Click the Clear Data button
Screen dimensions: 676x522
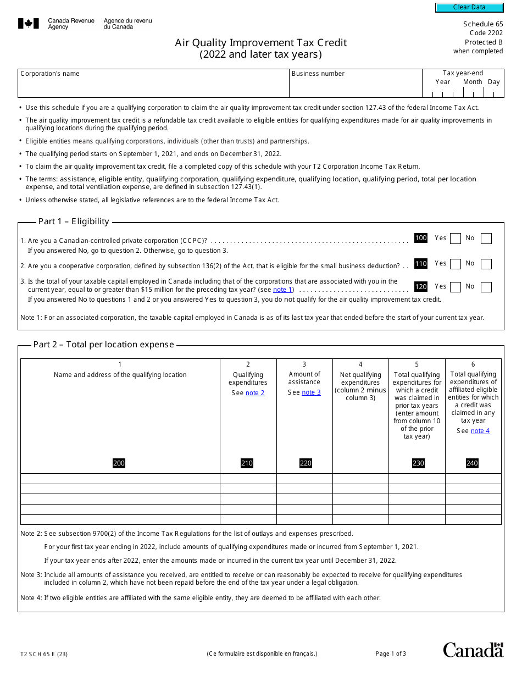469,8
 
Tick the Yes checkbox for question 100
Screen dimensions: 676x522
455,239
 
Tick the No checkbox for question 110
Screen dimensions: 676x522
486,264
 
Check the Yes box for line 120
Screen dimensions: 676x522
455,287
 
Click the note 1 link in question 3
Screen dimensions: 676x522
283,290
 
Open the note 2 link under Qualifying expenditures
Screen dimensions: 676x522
255,393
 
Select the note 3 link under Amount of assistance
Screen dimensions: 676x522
311,392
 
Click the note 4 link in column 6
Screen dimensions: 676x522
480,431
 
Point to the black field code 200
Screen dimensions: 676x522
119,463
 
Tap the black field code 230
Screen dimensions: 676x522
418,463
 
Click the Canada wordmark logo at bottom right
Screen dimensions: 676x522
473,650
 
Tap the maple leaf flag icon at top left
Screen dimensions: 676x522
29,24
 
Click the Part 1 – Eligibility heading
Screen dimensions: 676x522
74,221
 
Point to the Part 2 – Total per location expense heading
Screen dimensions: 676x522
103,345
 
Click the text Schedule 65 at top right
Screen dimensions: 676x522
482,24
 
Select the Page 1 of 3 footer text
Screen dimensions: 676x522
391,653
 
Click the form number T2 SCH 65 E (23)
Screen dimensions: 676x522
44,654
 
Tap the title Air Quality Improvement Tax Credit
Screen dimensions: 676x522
261,43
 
